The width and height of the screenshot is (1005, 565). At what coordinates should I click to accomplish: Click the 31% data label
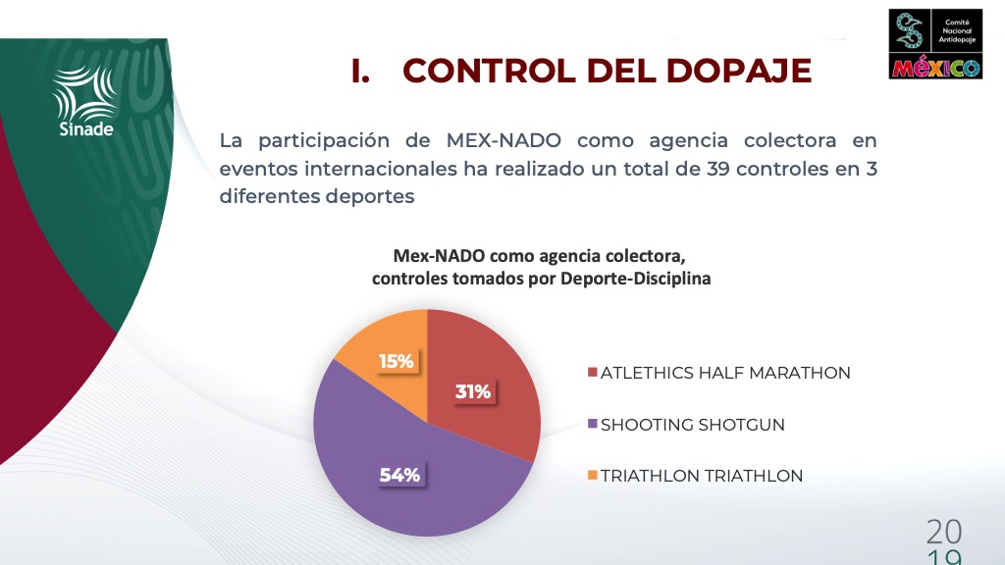pos(473,391)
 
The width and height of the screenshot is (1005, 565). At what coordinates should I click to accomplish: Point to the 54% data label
pos(399,475)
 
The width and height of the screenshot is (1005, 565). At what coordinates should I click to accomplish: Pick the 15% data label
pos(397,361)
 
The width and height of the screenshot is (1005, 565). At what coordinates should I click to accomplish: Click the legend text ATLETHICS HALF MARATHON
pos(725,373)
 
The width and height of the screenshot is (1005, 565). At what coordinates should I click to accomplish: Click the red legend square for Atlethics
pos(592,372)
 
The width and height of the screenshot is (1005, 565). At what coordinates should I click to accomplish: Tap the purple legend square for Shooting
pos(592,424)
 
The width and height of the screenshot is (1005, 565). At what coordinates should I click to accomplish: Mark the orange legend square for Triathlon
pos(592,475)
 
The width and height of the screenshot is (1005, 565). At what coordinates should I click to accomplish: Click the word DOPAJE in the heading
pos(739,71)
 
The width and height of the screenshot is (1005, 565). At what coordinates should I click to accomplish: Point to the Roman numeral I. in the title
pos(360,71)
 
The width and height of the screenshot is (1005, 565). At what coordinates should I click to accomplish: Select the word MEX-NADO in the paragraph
pos(503,140)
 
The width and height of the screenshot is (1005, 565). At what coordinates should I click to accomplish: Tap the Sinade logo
pos(86,101)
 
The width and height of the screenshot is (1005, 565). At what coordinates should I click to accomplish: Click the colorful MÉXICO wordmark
pos(935,68)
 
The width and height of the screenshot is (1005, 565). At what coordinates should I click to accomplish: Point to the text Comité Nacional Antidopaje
pos(957,30)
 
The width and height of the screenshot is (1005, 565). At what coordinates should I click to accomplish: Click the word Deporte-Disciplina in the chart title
pos(635,279)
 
